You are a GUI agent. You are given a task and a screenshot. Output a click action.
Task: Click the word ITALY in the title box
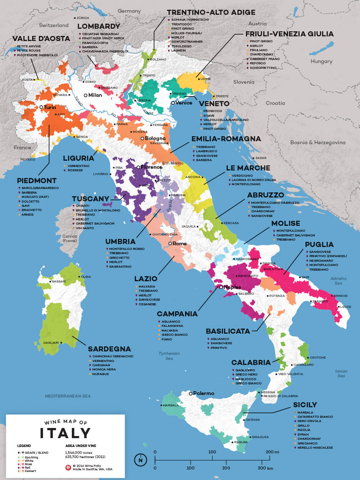[65, 433]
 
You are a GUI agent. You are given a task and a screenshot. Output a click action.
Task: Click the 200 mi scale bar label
[273, 452]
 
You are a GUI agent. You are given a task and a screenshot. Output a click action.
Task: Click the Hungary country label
[322, 61]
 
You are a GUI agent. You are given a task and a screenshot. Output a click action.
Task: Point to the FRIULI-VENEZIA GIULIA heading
[289, 34]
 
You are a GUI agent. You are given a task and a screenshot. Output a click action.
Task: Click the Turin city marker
[41, 107]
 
